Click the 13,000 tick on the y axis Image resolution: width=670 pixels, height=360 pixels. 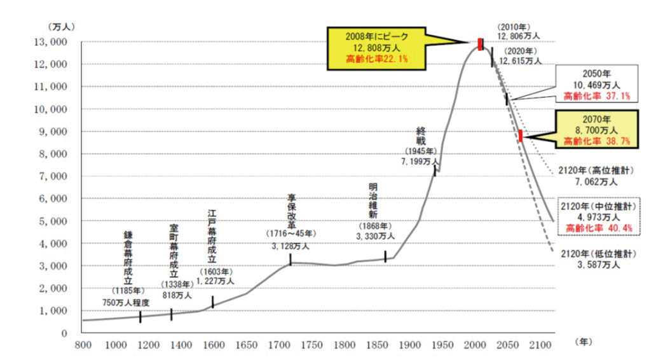pos(50,42)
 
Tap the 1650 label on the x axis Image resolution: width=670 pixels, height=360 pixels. pos(247,345)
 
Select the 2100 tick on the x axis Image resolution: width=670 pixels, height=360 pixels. pos(540,345)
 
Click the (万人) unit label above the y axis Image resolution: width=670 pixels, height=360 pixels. pos(62,27)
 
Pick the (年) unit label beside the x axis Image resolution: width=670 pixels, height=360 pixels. pos(584,342)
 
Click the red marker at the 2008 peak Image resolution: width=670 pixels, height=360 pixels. pos(481,44)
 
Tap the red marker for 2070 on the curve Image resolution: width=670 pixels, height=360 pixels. pos(521,135)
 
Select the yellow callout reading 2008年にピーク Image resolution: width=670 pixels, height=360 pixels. pos(376,48)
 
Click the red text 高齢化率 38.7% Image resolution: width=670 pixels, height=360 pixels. pos(596,141)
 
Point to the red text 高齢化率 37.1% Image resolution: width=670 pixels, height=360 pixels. pos(596,96)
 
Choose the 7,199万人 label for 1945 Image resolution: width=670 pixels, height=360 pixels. pos(420,162)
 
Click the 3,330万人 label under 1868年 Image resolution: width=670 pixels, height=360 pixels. pos(376,236)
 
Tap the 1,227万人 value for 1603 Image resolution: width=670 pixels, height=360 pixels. pos(215,281)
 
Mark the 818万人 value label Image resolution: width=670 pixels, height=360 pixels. pos(177,295)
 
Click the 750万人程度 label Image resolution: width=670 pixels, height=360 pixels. pos(126,303)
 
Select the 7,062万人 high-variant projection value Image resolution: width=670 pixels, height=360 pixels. pos(596,182)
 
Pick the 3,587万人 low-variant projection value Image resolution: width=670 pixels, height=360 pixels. pos(598,265)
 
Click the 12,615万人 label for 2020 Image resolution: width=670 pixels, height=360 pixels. pos(521,61)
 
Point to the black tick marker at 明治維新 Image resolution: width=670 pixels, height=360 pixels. pos(385,256)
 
